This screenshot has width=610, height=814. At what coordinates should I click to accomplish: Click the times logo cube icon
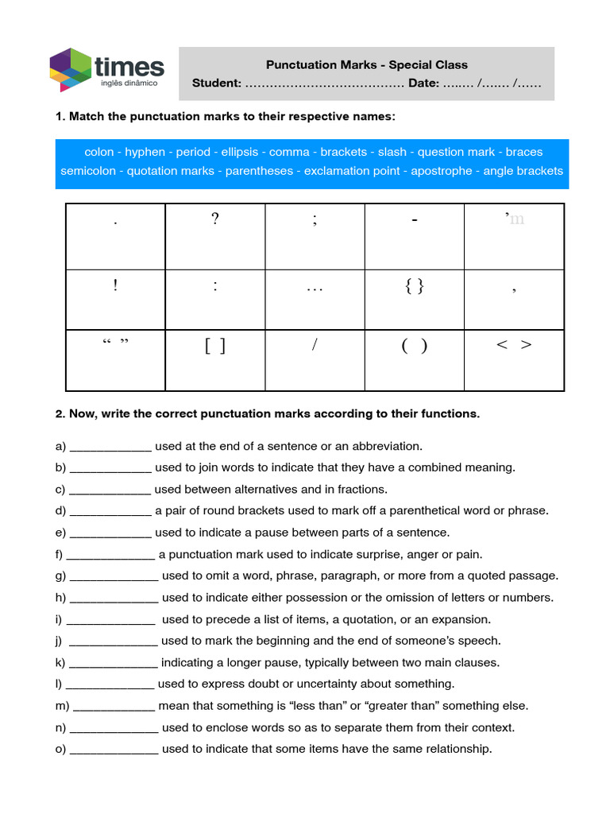pos(69,69)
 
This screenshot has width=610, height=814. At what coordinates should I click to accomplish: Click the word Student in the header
pos(216,83)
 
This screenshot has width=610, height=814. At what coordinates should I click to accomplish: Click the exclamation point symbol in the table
pos(115,286)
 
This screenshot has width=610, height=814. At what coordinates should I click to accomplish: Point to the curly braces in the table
pos(415,286)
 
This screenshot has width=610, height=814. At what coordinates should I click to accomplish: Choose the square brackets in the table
pos(214,346)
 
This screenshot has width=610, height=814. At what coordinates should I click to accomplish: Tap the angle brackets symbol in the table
pos(514,346)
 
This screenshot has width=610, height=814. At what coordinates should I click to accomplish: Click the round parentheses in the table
pos(414,346)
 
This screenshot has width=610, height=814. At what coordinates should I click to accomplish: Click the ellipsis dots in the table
pos(315,289)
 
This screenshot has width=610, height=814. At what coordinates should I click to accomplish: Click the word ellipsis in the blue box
pos(240,152)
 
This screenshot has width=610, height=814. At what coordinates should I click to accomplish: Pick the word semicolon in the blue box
pos(90,171)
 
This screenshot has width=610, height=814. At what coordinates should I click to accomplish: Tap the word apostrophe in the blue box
pos(441,171)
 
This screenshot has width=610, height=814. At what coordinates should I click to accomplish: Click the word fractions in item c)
pos(362,490)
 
